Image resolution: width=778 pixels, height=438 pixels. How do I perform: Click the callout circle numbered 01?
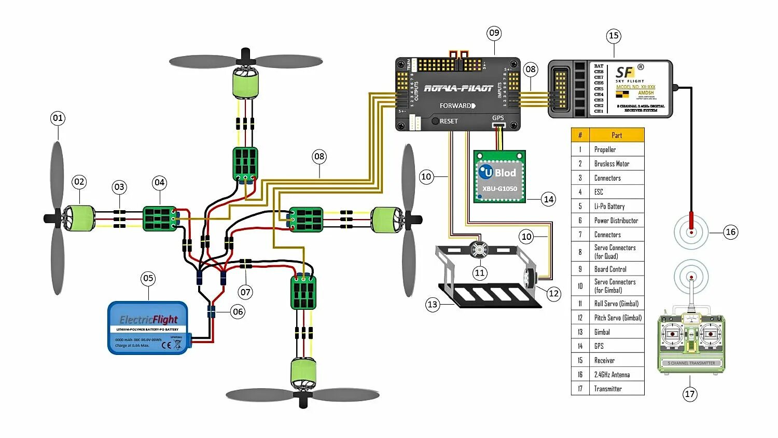tap(58, 118)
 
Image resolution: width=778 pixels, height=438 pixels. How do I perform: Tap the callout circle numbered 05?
tap(148, 278)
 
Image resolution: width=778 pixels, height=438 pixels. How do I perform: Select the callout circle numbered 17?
tap(689, 394)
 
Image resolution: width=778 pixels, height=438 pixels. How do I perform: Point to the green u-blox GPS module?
tap(499, 176)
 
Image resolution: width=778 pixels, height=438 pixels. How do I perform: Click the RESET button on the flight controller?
tap(435, 121)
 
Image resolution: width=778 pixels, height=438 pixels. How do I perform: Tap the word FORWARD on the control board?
tap(456, 106)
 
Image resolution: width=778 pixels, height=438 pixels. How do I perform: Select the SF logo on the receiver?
tap(625, 72)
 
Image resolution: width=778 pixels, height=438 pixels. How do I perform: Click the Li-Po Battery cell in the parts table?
tap(609, 206)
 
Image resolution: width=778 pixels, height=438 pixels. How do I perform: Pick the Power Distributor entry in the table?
tap(616, 221)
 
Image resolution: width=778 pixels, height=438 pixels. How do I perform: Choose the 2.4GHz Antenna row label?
tap(612, 375)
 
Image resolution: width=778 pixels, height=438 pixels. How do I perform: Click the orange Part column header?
tap(617, 135)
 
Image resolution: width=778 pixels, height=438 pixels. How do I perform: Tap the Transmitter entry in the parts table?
tap(608, 389)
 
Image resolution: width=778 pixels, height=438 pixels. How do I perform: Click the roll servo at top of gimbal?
tap(479, 250)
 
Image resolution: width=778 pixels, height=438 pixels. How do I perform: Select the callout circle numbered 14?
tap(548, 199)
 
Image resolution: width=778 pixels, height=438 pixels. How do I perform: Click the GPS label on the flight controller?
tap(498, 118)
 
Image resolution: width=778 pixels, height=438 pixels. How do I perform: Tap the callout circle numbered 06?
tap(238, 311)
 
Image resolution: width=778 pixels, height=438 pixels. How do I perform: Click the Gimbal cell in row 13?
tap(602, 332)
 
